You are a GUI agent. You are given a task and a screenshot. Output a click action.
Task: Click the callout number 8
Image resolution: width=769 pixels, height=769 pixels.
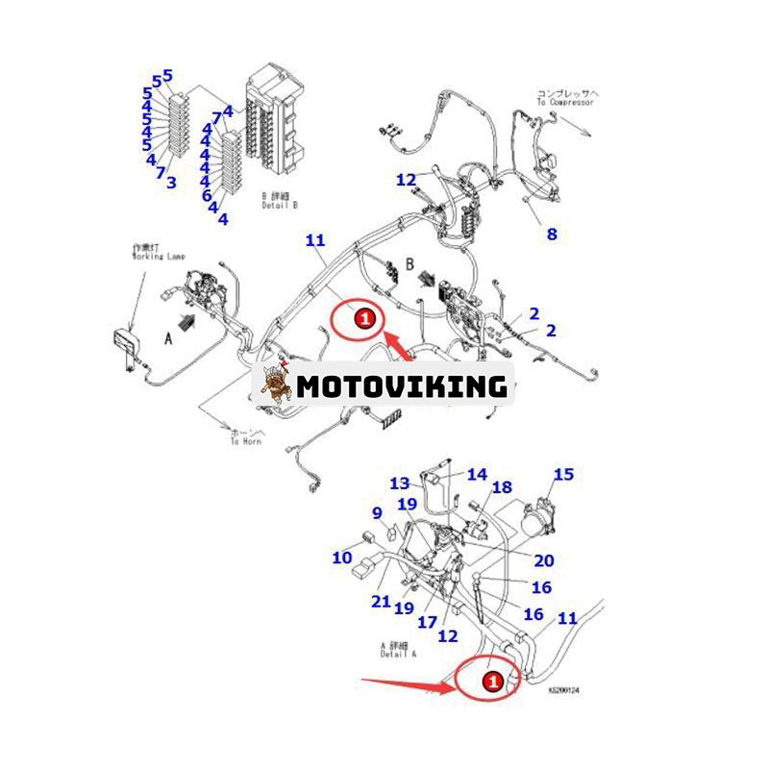pos(551,234)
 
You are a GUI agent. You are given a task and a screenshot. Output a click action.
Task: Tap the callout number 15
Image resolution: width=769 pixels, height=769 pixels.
pos(563,474)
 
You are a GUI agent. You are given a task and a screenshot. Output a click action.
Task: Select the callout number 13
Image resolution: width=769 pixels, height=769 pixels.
pos(399,484)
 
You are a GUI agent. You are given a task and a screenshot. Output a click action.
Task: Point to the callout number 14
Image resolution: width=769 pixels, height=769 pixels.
pos(478,474)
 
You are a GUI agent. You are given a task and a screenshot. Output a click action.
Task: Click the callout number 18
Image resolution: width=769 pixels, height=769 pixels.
pos(503,487)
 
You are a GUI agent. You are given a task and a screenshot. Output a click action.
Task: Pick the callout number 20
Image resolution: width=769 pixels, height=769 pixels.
pos(544,560)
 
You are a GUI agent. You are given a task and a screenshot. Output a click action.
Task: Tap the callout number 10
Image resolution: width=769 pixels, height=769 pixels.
pos(342,557)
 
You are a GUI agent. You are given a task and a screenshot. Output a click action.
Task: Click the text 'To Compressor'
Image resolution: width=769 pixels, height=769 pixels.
pos(567,99)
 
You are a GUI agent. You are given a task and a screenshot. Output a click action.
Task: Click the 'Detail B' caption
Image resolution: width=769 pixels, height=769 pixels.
pos(281,205)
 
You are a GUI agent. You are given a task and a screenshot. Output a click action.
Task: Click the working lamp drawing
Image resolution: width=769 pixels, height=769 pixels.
pos(126,341)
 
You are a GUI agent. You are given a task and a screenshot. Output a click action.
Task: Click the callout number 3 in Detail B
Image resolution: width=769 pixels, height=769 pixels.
pos(172,181)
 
